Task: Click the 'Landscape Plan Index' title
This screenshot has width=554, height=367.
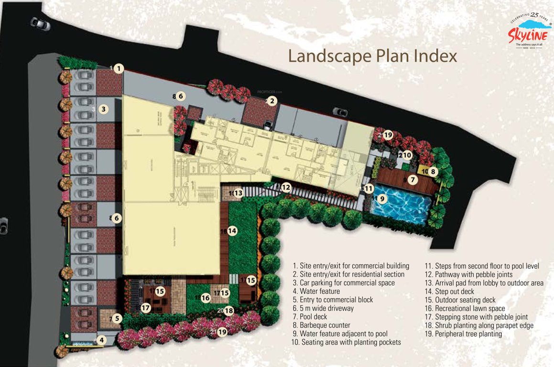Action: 372,56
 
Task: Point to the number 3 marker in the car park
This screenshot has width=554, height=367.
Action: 104,109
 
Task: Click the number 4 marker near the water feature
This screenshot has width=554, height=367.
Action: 101,341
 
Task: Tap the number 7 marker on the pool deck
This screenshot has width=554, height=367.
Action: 413,180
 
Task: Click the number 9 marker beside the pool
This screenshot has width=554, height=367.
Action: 381,198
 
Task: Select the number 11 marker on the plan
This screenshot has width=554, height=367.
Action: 368,189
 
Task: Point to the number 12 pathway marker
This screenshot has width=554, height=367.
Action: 286,188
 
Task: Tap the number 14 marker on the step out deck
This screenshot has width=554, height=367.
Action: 232,231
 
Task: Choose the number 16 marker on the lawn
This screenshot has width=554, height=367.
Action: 206,298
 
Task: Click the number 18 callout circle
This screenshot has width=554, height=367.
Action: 229,311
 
